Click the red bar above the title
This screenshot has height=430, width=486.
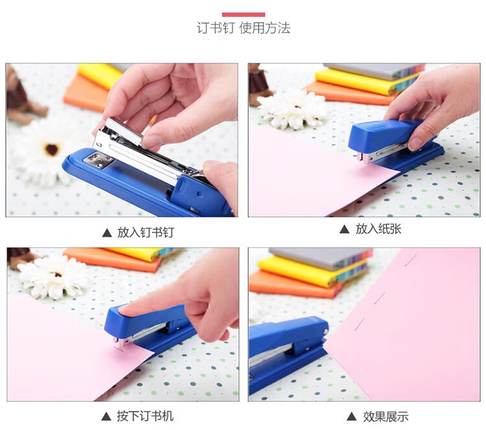point(243,14)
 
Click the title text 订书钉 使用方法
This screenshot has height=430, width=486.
point(244,28)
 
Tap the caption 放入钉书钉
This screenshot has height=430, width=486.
point(145,232)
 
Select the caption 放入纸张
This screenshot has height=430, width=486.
point(378,229)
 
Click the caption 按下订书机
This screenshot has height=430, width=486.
point(145,416)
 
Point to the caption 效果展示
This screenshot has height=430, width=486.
point(386,416)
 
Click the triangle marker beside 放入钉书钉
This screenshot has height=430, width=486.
point(107,233)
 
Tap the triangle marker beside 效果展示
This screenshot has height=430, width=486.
point(351,416)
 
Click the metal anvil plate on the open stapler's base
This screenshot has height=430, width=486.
point(98,160)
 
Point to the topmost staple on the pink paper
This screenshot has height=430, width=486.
point(411,259)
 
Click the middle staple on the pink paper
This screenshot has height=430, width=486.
point(379,298)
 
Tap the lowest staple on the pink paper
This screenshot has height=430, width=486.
point(360,323)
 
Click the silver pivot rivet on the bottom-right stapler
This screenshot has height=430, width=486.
point(325,332)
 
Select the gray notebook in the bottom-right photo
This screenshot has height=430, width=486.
point(319,257)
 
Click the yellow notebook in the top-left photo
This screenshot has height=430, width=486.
point(100,75)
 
